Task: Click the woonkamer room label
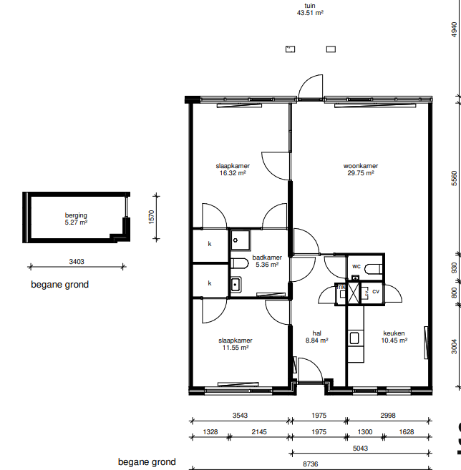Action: point(361,170)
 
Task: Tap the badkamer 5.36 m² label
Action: point(267,261)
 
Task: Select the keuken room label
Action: point(394,337)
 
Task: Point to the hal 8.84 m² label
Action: point(316,337)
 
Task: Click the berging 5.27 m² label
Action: point(76,219)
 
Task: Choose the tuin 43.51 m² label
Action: point(310,9)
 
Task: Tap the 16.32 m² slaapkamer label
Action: point(233,170)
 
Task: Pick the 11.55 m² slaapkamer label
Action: point(236,344)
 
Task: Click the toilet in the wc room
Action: point(374,269)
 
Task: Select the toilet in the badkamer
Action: point(240,263)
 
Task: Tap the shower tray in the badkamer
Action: point(241,240)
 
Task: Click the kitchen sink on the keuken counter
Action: point(354,338)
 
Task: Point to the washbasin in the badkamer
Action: point(236,284)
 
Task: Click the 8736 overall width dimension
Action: point(311,464)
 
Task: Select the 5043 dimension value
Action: point(360,448)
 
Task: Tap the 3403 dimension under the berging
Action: point(77,262)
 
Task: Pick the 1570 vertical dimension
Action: point(152,217)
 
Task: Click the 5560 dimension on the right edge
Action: point(455,178)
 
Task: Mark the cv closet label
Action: point(376,291)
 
